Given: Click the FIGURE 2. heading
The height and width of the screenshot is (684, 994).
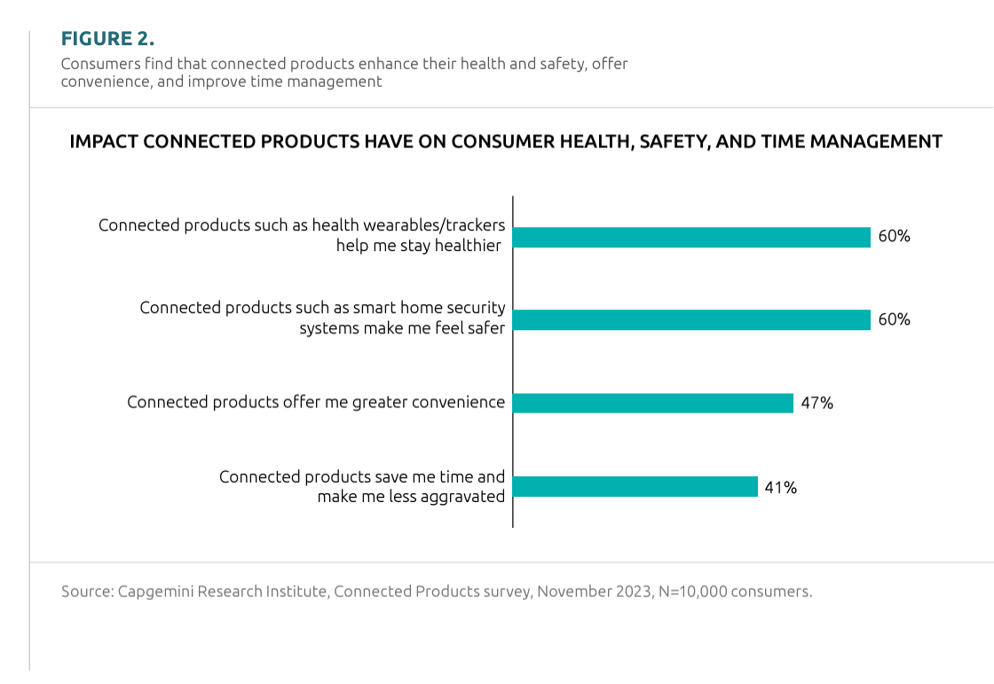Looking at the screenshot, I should coord(107,39).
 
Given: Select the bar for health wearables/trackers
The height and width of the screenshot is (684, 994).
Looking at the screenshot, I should coord(691,237).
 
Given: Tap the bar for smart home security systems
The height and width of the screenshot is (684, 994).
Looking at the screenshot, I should coord(691,319).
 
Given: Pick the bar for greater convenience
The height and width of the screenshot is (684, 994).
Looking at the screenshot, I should coord(653,403).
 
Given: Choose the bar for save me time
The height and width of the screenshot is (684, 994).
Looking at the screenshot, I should coord(635,486).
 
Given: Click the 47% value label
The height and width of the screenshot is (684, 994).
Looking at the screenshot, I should coord(816,404).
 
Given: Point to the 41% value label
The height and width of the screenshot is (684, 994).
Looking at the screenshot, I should coord(781,487).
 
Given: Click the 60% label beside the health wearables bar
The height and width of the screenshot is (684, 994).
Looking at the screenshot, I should coord(894,237).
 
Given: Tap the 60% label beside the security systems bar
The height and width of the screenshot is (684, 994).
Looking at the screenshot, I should coord(894,319).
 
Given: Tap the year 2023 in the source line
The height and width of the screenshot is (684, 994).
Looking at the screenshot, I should coord(630,591).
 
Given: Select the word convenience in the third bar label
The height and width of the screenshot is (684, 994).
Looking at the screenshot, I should coord(456,403).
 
